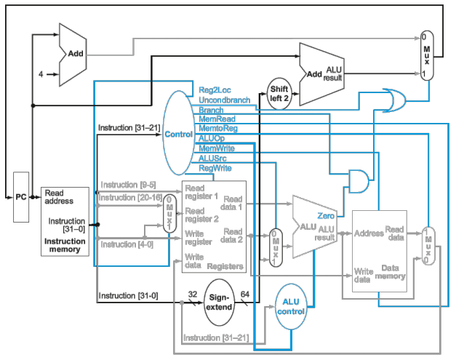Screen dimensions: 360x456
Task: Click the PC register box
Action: pos(20,197)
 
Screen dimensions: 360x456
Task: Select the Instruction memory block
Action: pos(65,220)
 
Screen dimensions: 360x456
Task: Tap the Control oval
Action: pos(177,134)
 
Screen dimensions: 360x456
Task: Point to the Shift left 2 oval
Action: pos(280,94)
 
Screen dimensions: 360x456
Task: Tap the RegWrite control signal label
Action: pos(215,168)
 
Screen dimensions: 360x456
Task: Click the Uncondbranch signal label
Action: pos(224,100)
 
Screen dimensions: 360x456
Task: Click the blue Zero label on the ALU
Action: pos(325,216)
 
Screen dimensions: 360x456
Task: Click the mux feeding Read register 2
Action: pos(168,213)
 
